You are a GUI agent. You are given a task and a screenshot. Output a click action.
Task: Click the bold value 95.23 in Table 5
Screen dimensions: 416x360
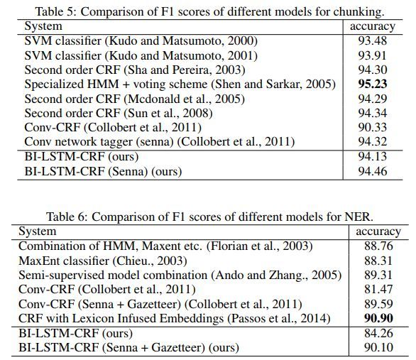[373, 84]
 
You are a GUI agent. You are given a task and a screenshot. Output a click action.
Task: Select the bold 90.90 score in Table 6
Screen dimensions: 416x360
[378, 318]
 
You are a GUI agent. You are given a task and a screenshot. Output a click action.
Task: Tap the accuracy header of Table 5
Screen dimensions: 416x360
[373, 26]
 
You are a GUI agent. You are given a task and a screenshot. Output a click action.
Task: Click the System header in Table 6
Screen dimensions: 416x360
[38, 231]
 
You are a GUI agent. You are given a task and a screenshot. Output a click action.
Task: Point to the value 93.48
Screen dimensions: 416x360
[373, 40]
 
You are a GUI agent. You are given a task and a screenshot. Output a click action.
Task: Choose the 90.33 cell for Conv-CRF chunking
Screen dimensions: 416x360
[373, 127]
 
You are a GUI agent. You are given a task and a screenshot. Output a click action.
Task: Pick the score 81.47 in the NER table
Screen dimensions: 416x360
[378, 289]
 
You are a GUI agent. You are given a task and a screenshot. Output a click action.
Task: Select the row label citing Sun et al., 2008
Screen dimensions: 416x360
[119, 114]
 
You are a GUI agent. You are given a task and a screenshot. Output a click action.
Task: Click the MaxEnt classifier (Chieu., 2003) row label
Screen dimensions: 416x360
[103, 261]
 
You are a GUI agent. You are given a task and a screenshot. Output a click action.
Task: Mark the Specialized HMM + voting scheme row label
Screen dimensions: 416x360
[180, 84]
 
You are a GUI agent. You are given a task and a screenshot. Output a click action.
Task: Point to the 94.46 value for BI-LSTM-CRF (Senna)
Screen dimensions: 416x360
[373, 171]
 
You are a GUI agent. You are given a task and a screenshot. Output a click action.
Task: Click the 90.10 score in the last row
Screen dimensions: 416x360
[378, 347]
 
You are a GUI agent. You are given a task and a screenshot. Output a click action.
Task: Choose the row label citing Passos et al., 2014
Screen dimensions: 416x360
[175, 318]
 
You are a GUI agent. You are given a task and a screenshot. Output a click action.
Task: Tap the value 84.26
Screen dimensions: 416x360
[378, 333]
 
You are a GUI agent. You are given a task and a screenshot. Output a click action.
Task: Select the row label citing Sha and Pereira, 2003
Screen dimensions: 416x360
[135, 70]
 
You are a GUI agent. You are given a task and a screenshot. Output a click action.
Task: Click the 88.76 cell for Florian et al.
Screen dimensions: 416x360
[378, 246]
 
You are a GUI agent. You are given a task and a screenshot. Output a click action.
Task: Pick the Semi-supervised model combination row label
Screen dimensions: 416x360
[180, 275]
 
